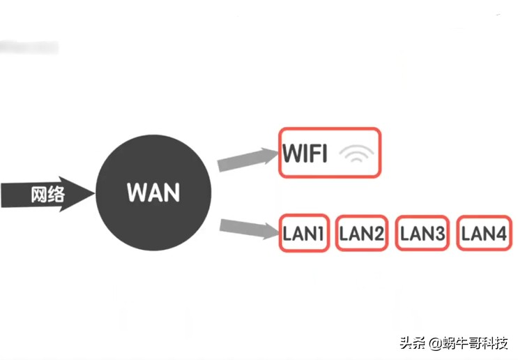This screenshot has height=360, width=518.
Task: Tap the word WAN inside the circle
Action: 153,192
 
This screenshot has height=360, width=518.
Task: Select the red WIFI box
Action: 330,153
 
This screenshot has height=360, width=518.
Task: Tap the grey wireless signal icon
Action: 356,155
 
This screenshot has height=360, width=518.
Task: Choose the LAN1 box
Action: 304,233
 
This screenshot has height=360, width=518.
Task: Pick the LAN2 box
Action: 361,233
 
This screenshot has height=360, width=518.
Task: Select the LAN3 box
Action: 422,233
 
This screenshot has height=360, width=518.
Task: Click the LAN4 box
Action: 483,233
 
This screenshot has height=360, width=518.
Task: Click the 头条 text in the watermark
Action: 411,343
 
